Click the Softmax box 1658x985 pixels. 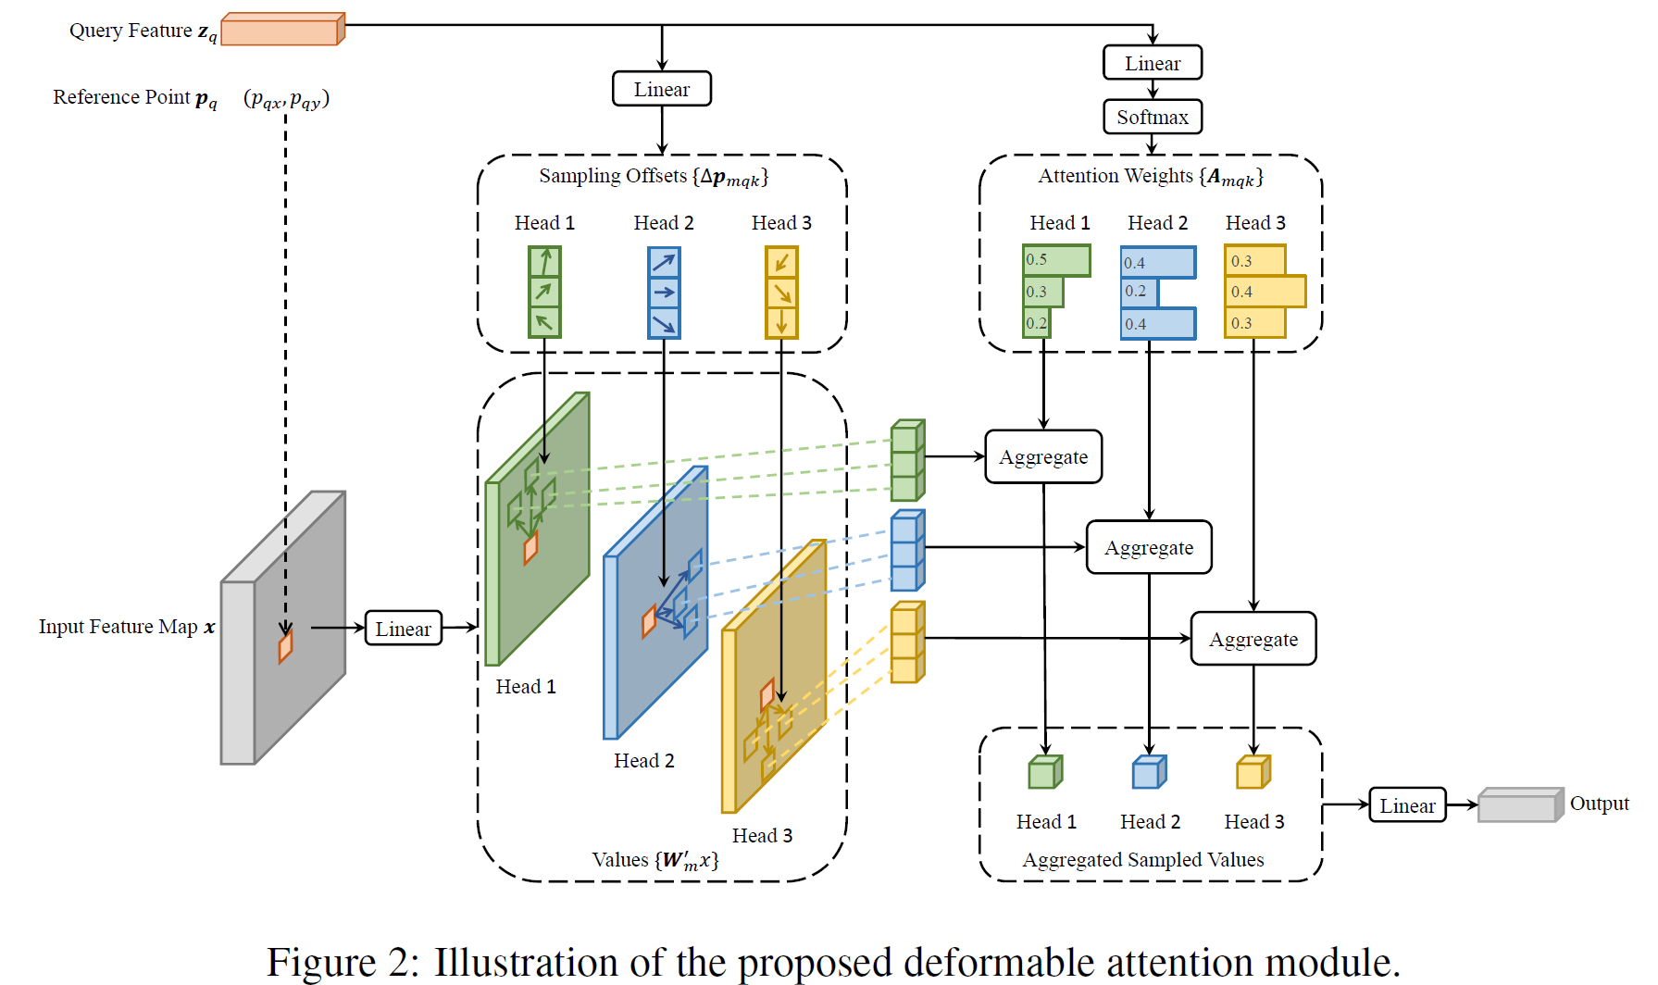pos(1153,117)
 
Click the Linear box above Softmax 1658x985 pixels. pos(1153,63)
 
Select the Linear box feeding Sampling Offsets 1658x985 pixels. pos(662,89)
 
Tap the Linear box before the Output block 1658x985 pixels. pos(1407,805)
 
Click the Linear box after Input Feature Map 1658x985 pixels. pos(404,629)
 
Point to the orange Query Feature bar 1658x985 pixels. pos(282,30)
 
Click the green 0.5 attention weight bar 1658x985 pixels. pos(1056,260)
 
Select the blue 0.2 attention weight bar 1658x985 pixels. pos(1139,292)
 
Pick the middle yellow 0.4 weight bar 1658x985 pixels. pos(1265,292)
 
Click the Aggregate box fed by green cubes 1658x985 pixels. pos(1043,456)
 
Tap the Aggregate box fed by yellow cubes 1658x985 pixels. pos(1253,639)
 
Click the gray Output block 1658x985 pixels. pos(1519,805)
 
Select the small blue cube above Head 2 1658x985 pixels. pos(1149,772)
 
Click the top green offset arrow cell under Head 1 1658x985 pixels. pos(544,262)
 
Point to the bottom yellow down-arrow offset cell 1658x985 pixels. pos(781,323)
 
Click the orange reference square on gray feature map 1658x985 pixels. pos(286,645)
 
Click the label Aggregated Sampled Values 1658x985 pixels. pos(1142,860)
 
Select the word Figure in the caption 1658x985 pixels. pos(320,962)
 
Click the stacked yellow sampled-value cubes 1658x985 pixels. pos(907,642)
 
